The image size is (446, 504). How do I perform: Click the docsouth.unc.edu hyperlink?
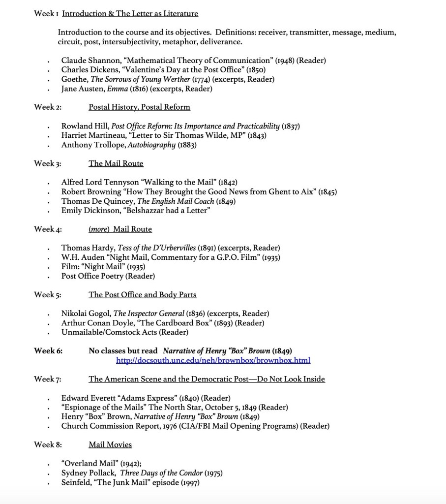(x=213, y=361)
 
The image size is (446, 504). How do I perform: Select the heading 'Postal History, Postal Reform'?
(x=139, y=107)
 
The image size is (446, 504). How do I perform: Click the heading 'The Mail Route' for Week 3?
(x=116, y=163)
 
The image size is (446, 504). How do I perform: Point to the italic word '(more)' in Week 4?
(x=99, y=229)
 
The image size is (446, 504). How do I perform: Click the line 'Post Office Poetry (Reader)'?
(x=108, y=276)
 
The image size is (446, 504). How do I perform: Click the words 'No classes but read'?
(x=123, y=351)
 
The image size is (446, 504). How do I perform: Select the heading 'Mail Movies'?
(x=110, y=445)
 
